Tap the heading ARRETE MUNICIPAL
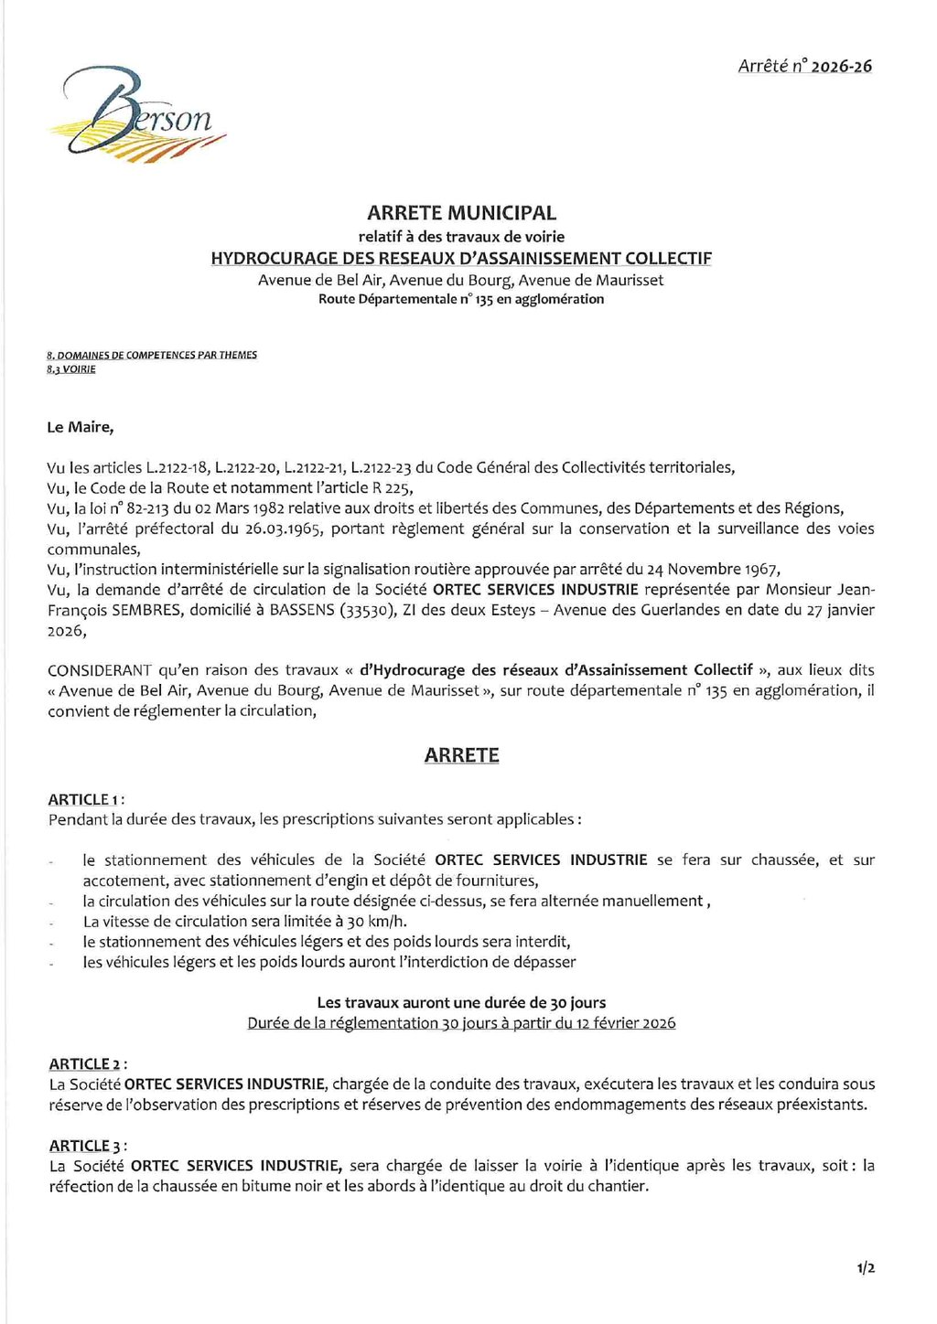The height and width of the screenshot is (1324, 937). [x=461, y=213]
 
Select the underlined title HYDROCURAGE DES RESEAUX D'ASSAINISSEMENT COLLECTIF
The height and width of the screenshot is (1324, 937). [x=461, y=258]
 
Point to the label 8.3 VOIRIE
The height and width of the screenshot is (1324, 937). [x=71, y=369]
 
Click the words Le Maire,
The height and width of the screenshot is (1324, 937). [x=81, y=427]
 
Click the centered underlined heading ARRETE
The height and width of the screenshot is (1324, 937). [x=461, y=755]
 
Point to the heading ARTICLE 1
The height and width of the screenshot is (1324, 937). [x=84, y=799]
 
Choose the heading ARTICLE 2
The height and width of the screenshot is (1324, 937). [x=85, y=1063]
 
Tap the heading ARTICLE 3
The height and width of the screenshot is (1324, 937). [x=85, y=1146]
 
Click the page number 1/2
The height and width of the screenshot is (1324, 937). [x=866, y=1268]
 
